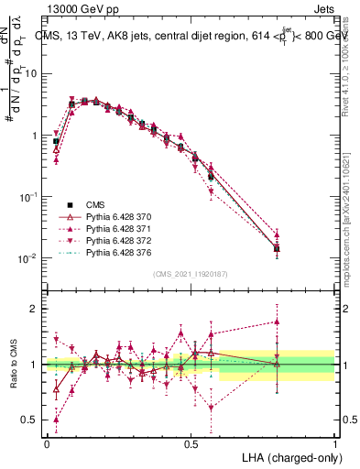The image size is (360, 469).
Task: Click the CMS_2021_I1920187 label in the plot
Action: point(190,274)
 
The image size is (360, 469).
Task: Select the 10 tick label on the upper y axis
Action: point(32,72)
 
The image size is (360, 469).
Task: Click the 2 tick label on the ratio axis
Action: point(35,309)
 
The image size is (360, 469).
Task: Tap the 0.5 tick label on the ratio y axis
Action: point(30,421)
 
